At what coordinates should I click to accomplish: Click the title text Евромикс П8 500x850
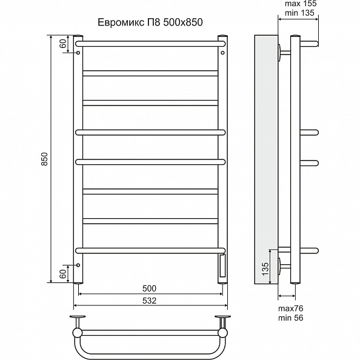150,22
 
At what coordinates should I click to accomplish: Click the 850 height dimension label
44,159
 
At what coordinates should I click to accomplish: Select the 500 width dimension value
149,288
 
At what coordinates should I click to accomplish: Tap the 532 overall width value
149,301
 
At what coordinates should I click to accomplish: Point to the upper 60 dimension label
63,43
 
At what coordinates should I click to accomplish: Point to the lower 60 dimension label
63,274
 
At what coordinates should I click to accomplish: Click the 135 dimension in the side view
265,269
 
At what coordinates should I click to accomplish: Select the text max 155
301,4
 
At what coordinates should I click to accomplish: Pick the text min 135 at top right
299,13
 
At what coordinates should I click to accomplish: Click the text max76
291,308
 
